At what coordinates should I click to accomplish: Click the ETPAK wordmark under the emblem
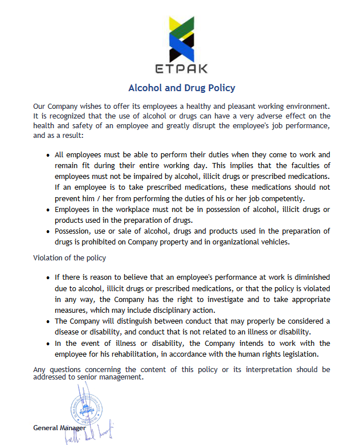pos(181,69)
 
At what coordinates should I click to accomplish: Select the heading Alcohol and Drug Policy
pos(182,88)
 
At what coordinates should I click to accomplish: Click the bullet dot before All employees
pos(47,155)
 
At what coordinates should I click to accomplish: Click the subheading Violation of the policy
pos(69,258)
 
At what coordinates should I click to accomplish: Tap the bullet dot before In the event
pos(47,344)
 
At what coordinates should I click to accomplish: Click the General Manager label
pos(60,427)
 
